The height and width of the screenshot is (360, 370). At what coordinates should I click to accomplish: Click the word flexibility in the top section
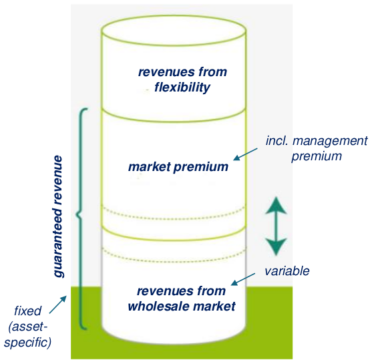pyautogui.click(x=182, y=87)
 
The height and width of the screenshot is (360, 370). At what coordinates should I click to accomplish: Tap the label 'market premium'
pyautogui.click(x=178, y=167)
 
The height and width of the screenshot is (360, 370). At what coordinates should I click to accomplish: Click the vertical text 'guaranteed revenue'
pyautogui.click(x=58, y=216)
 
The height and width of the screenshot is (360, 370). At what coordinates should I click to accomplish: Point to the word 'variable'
pyautogui.click(x=287, y=271)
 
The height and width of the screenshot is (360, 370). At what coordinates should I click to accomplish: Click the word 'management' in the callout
pyautogui.click(x=330, y=141)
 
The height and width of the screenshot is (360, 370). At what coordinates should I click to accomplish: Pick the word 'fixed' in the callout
pyautogui.click(x=28, y=311)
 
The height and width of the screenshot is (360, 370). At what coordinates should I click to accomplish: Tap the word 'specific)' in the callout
pyautogui.click(x=27, y=343)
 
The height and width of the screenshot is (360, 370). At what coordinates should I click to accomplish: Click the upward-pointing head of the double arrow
pyautogui.click(x=276, y=206)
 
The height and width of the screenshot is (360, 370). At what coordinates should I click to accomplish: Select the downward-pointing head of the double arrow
pyautogui.click(x=276, y=246)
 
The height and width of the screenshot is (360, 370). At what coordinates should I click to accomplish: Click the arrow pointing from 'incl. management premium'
pyautogui.click(x=245, y=154)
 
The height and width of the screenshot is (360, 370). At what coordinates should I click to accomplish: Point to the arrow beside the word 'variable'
pyautogui.click(x=243, y=279)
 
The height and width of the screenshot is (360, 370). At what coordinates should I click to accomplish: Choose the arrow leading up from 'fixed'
pyautogui.click(x=58, y=305)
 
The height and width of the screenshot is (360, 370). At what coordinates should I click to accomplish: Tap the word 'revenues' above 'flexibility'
pyautogui.click(x=163, y=72)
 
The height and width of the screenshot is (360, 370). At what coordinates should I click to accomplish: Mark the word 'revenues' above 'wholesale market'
pyautogui.click(x=162, y=291)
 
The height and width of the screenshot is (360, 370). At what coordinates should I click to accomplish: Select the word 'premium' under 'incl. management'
pyautogui.click(x=317, y=157)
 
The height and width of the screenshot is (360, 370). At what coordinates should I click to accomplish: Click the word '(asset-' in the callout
pyautogui.click(x=28, y=327)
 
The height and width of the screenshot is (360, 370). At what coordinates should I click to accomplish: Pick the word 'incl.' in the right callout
pyautogui.click(x=276, y=141)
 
